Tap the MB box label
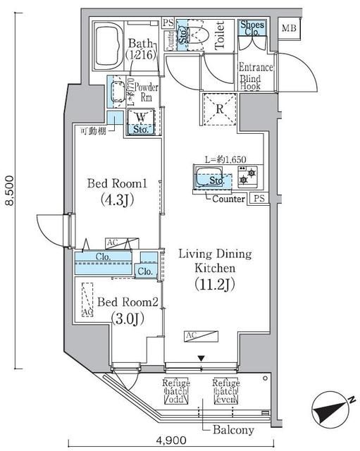click(x=289, y=29)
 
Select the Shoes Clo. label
click(x=252, y=28)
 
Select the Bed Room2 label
click(x=131, y=301)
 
